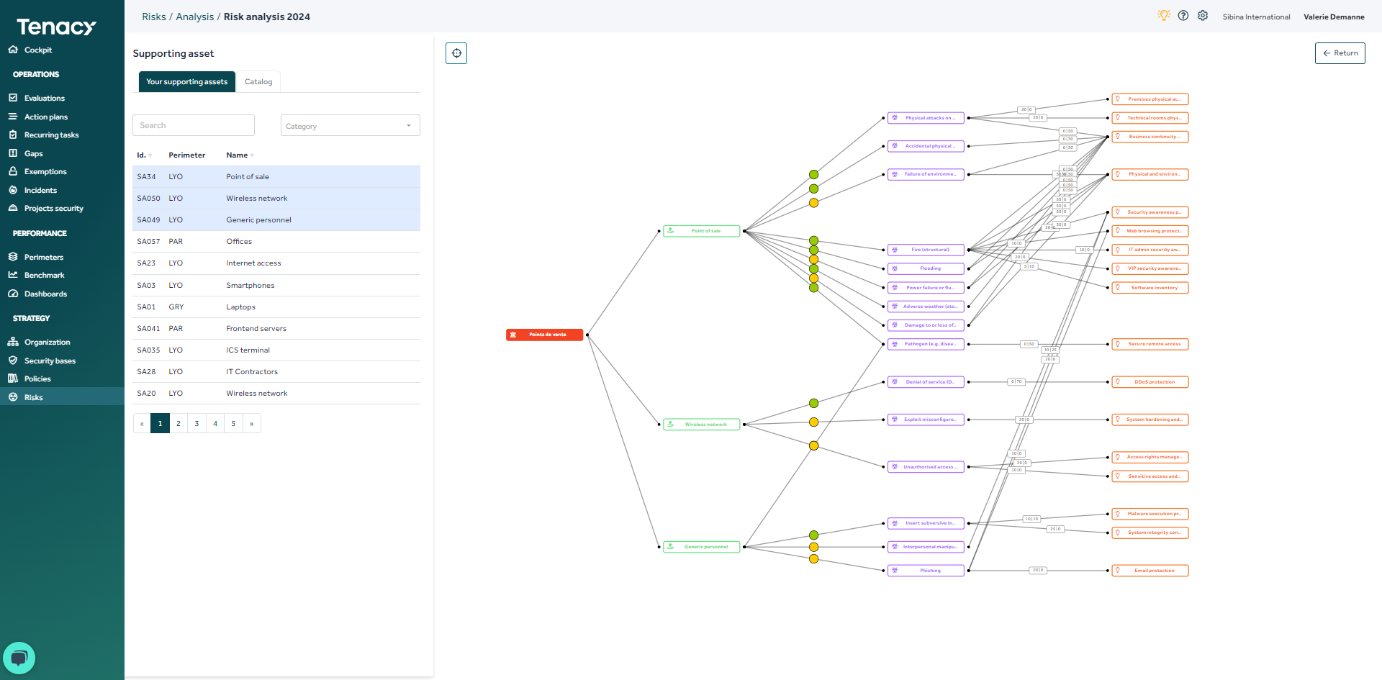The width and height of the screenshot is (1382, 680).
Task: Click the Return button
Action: [1340, 53]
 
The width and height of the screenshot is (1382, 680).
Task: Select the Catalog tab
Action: [258, 82]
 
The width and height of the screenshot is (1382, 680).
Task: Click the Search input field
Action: [194, 125]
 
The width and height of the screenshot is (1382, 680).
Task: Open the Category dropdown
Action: [350, 126]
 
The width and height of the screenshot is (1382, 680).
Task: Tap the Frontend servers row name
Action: [256, 329]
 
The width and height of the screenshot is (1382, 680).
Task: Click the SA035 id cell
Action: [148, 350]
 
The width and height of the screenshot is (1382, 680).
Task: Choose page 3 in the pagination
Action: [197, 424]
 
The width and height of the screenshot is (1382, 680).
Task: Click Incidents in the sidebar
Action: [40, 191]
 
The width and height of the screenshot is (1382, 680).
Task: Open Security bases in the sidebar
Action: [50, 361]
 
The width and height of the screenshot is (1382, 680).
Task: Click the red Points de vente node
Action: [545, 335]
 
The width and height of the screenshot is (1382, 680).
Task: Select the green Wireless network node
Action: [702, 425]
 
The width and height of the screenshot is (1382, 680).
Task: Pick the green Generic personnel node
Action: [702, 547]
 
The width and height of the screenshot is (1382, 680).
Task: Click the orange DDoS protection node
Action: [1150, 382]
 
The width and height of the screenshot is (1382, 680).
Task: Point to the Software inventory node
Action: [1150, 288]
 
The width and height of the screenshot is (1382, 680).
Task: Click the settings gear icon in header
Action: [1203, 16]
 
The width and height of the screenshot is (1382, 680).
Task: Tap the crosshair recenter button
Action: [456, 53]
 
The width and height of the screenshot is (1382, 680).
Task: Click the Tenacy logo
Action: [56, 27]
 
